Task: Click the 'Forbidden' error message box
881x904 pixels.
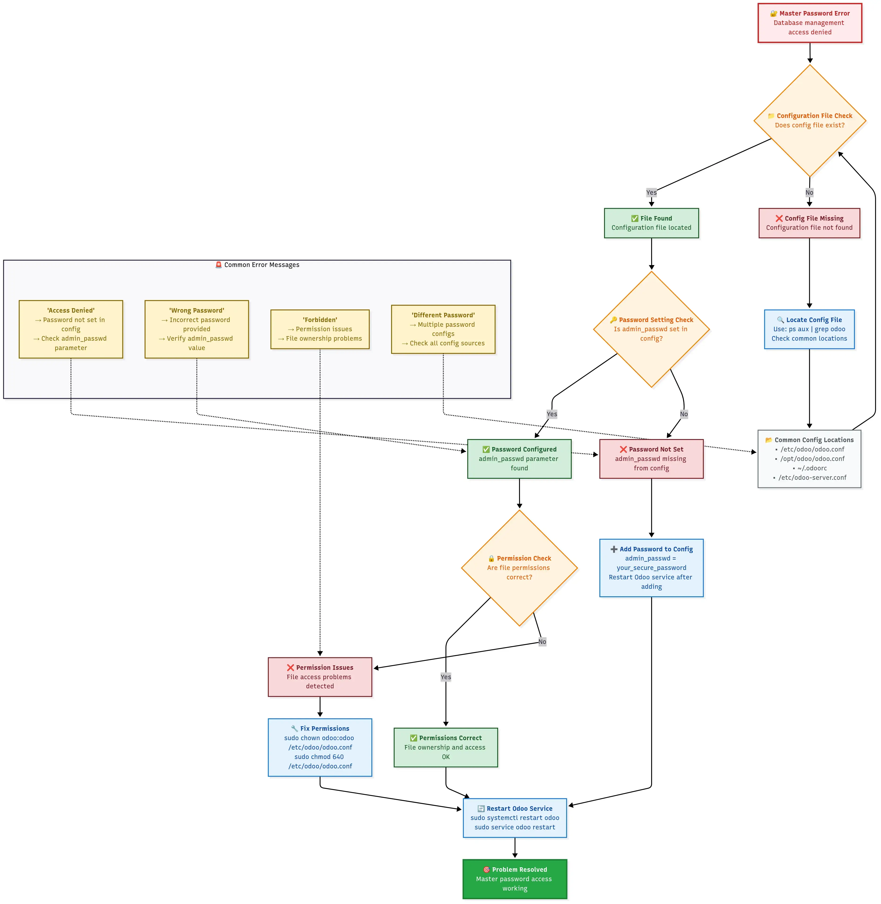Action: [x=320, y=329]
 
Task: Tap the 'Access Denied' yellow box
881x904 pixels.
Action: [x=71, y=329]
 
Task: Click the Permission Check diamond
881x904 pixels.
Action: [x=519, y=568]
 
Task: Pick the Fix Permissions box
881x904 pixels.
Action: [x=320, y=747]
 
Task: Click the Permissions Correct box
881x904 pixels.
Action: [x=446, y=747]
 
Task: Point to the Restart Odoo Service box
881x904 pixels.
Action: [x=515, y=818]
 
